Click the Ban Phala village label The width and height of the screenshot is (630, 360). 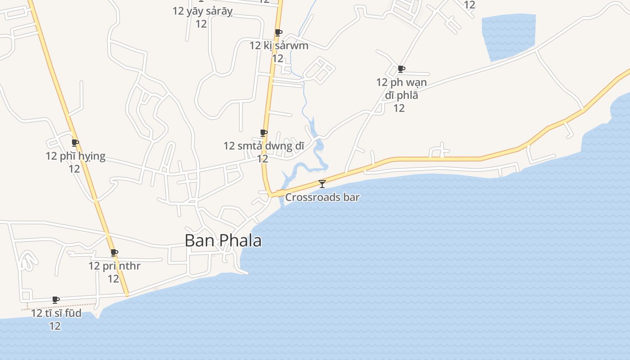pos(223,241)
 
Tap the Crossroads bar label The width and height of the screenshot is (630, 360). pos(322,197)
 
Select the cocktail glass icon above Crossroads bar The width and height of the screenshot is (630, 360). pos(322,184)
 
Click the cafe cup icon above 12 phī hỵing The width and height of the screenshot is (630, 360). pos(75,143)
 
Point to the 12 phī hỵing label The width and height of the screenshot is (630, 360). pos(75,156)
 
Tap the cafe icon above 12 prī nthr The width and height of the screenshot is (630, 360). pos(114,253)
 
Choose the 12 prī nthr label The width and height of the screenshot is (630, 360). pos(114,266)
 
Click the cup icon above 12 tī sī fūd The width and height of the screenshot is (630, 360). pos(56,300)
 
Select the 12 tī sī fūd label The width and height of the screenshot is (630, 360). pos(56,313)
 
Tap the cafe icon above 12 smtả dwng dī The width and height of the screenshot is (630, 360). pos(264,133)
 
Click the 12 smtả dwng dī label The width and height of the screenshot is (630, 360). pos(264,146)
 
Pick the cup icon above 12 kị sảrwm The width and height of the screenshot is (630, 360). pos(279,32)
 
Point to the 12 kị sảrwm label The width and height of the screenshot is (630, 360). pos(279,45)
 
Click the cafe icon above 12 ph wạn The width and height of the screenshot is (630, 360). pos(401,69)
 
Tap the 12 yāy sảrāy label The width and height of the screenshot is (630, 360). pos(202,11)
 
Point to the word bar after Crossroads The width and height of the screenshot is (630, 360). pos(352,197)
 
